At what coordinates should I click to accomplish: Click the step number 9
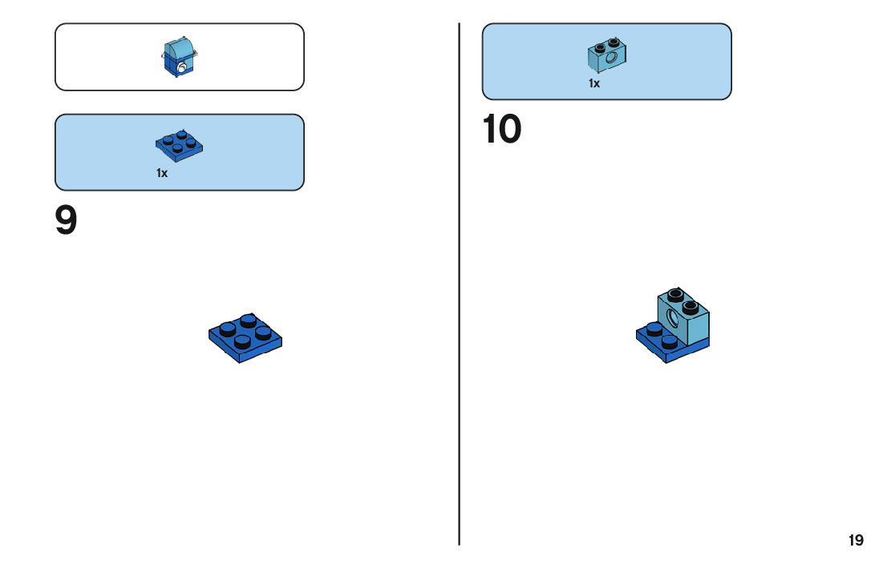pos(67,221)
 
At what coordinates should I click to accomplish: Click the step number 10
pos(502,130)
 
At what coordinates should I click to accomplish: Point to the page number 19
pos(856,540)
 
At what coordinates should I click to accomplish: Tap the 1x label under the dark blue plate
pos(162,173)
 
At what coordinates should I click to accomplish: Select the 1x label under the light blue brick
pos(594,83)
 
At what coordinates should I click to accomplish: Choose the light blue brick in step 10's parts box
pos(606,53)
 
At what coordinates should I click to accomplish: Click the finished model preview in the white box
pos(179,57)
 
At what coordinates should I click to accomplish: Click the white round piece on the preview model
pos(183,69)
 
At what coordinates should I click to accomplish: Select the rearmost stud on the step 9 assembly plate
pos(248,320)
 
